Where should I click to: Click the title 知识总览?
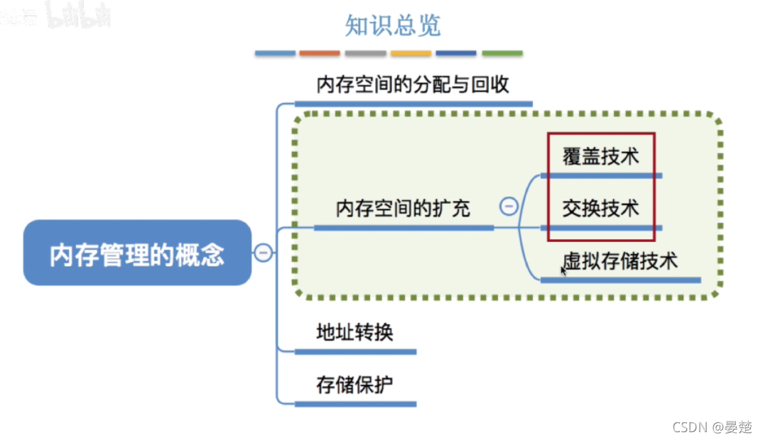pyautogui.click(x=393, y=26)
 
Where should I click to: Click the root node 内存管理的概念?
pyautogui.click(x=137, y=253)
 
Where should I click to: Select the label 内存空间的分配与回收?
pyautogui.click(x=413, y=85)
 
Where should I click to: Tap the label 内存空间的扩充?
pyautogui.click(x=403, y=209)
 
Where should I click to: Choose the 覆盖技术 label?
pyautogui.click(x=600, y=157)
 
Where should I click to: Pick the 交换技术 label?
pyautogui.click(x=600, y=209)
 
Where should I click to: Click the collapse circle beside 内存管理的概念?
pyautogui.click(x=263, y=253)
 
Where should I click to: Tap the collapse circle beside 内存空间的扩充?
pyautogui.click(x=509, y=207)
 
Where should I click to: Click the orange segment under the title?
pyautogui.click(x=320, y=53)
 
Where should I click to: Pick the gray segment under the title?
pyautogui.click(x=365, y=53)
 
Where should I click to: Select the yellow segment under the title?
pyautogui.click(x=411, y=53)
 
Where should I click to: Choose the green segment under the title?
pyautogui.click(x=502, y=53)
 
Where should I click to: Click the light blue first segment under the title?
pyautogui.click(x=275, y=53)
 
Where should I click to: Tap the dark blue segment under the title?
pyautogui.click(x=456, y=53)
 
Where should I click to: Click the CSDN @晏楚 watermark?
pyautogui.click(x=710, y=427)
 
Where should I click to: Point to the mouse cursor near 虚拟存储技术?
pyautogui.click(x=563, y=270)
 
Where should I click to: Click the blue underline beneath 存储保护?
pyautogui.click(x=355, y=404)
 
